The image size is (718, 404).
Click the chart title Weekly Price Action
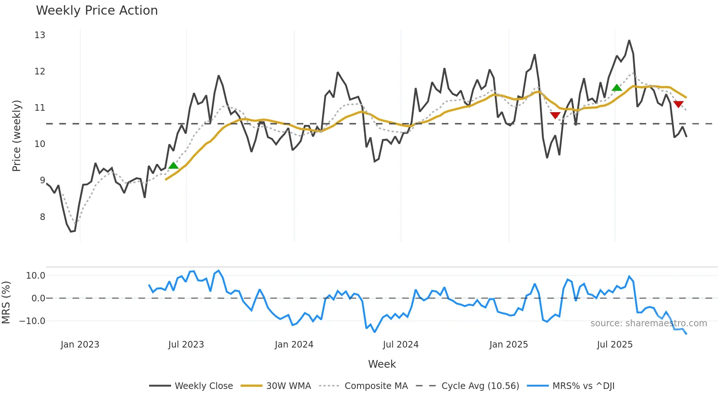click(x=97, y=11)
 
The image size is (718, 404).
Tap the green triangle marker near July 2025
click(x=617, y=88)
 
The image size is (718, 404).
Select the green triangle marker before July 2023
click(x=173, y=166)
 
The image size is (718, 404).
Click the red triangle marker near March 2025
click(x=555, y=115)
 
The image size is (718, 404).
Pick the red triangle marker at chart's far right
click(x=678, y=104)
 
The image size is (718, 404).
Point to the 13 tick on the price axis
click(x=40, y=35)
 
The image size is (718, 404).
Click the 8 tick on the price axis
click(x=42, y=217)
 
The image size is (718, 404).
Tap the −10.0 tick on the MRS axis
click(x=32, y=321)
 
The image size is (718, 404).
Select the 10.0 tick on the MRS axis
click(x=36, y=276)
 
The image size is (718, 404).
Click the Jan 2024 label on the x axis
click(x=294, y=345)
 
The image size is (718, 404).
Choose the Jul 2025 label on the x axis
click(x=615, y=345)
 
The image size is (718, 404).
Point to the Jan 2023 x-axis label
click(x=80, y=345)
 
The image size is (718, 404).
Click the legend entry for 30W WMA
click(x=288, y=386)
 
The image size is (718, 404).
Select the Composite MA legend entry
click(x=376, y=386)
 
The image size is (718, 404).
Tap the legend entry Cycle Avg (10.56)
click(x=480, y=386)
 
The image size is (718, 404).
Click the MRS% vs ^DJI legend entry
click(x=583, y=386)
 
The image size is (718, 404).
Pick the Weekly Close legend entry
click(x=204, y=386)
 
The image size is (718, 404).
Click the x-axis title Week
click(x=382, y=364)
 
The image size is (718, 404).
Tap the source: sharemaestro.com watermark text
click(x=648, y=323)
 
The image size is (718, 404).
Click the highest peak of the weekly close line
click(x=629, y=41)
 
